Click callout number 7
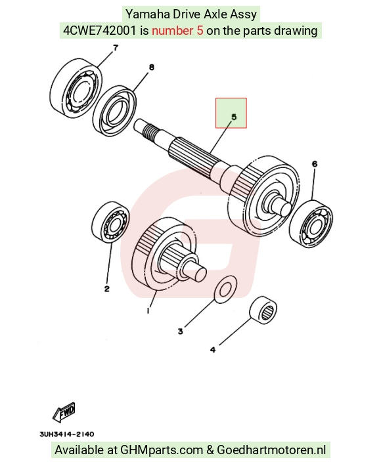point(116,47)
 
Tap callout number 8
point(151,68)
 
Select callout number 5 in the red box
point(234,117)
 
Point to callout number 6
point(315,163)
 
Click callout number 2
point(107,289)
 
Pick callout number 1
point(148,310)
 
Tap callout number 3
point(181,331)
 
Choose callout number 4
point(213,350)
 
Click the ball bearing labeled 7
point(76,89)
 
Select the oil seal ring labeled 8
point(115,111)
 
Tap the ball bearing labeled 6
point(311,224)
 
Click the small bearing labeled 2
point(111,222)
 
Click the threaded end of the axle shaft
point(149,133)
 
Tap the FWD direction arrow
point(64,412)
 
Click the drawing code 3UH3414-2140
point(67,434)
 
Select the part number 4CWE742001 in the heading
point(100,30)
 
